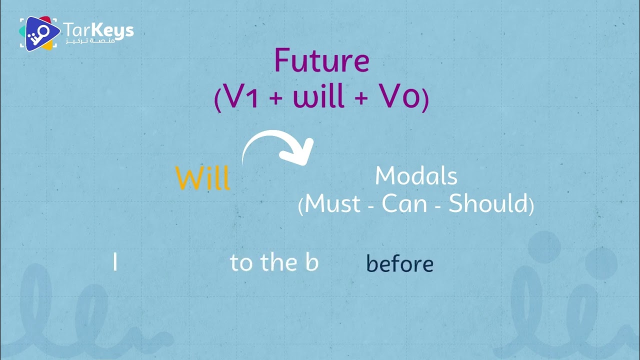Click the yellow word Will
(203, 177)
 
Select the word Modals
(416, 176)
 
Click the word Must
(332, 204)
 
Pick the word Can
(403, 204)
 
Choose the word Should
(488, 204)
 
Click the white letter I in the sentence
(115, 262)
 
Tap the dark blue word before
(399, 263)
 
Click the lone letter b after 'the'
(312, 262)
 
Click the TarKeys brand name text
(98, 29)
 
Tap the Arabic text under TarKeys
(90, 40)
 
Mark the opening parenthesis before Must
(300, 205)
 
